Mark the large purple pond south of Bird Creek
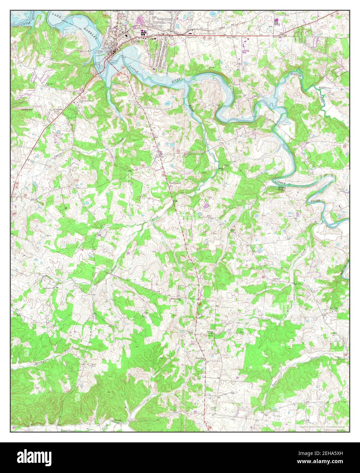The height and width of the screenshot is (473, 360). coord(205,205)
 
